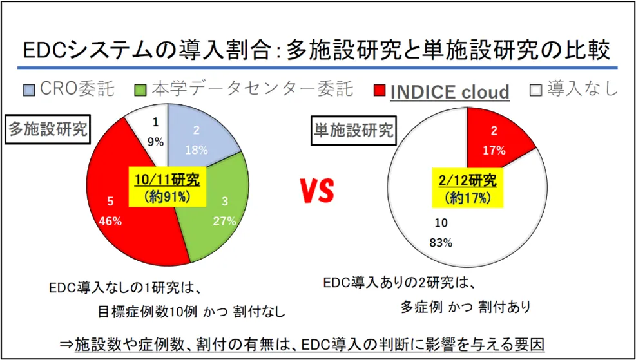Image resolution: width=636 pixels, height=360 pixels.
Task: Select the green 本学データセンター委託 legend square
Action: pos(142,89)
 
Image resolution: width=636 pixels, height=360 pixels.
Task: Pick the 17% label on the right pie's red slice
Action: pos(494,149)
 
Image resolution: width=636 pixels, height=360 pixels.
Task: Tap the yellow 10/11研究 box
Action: pos(168,188)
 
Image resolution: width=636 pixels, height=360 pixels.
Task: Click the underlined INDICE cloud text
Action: pos(450,91)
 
